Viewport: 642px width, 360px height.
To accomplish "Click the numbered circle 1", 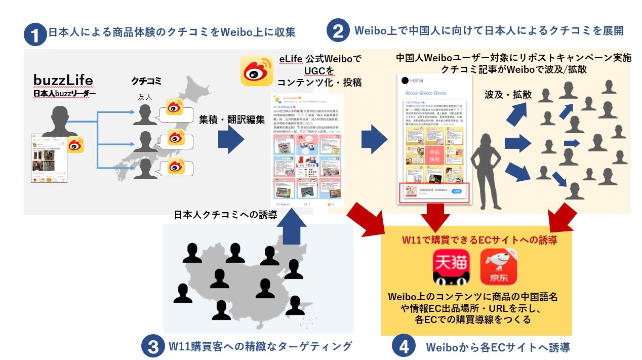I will point(35,35).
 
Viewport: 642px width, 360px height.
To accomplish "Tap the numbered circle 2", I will point(338,31).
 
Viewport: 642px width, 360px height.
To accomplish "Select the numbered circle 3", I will point(152,346).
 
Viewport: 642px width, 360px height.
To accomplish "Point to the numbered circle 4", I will point(403,347).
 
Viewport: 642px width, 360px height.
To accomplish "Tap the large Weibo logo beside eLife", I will point(257,70).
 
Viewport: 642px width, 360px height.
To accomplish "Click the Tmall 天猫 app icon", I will point(450,267).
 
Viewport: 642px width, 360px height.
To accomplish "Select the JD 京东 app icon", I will point(498,267).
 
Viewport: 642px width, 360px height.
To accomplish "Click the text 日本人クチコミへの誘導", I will point(225,215).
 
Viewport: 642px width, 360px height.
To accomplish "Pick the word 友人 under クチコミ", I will point(145,97).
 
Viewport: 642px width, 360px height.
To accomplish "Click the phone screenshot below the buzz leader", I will point(49,158).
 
